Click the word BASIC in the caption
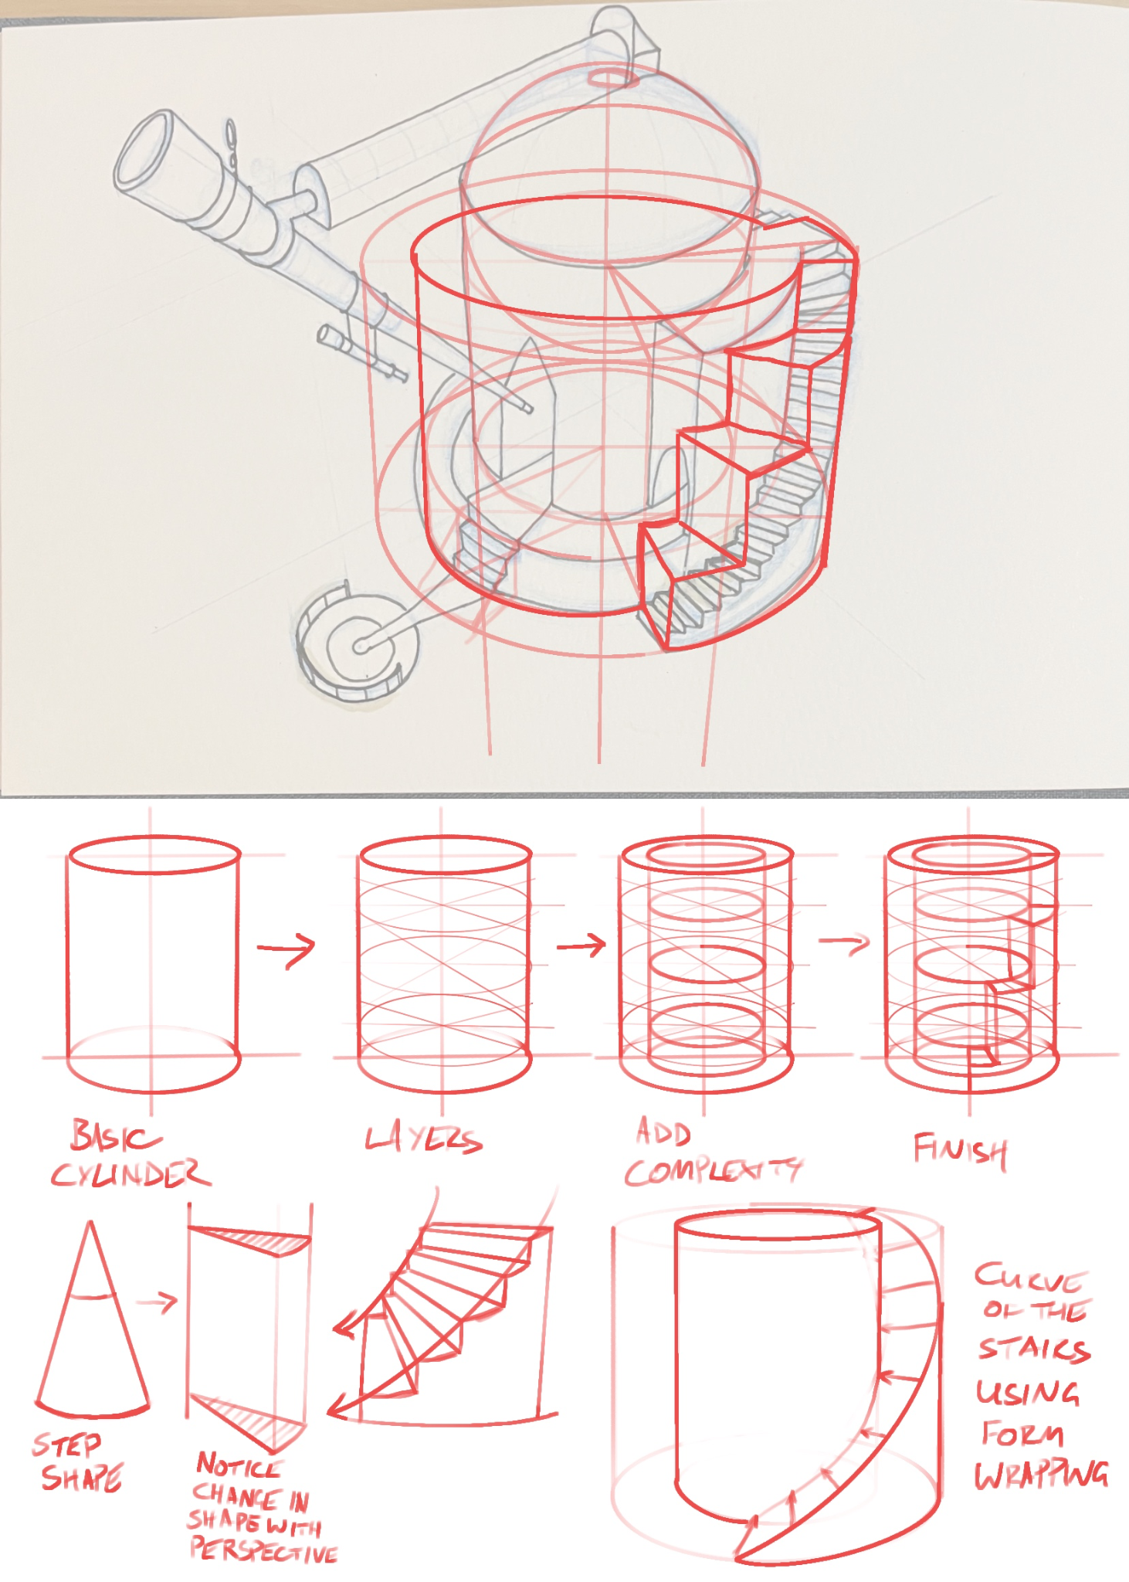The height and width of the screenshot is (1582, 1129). pyautogui.click(x=116, y=1136)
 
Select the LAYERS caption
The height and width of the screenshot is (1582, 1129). pyautogui.click(x=423, y=1139)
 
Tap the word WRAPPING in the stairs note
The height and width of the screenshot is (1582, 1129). pyautogui.click(x=1041, y=1475)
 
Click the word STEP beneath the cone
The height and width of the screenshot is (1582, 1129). pyautogui.click(x=66, y=1445)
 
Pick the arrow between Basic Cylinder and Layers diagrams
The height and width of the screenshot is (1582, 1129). pyautogui.click(x=286, y=948)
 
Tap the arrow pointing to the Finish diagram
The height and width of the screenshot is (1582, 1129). pyautogui.click(x=844, y=942)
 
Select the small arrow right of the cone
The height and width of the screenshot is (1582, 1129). pyautogui.click(x=158, y=1302)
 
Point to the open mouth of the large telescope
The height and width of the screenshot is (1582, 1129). pyautogui.click(x=145, y=151)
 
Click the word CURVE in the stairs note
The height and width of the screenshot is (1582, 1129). pyautogui.click(x=1030, y=1279)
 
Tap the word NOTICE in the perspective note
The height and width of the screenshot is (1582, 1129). pyautogui.click(x=239, y=1465)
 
